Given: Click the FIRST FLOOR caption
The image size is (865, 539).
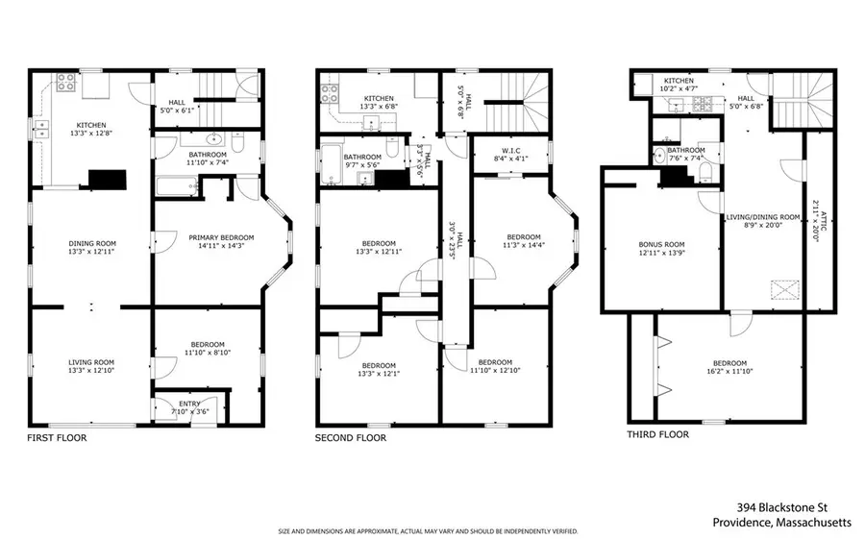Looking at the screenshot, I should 57,438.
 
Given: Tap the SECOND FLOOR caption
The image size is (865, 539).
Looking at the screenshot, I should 351,438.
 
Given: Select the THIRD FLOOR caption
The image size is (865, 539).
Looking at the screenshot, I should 659,434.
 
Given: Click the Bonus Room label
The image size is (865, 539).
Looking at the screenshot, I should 663,244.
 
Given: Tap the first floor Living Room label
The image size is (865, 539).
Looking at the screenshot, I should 91,363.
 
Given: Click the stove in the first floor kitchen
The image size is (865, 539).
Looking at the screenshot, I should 67,83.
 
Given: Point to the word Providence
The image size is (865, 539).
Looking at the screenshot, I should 742,523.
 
